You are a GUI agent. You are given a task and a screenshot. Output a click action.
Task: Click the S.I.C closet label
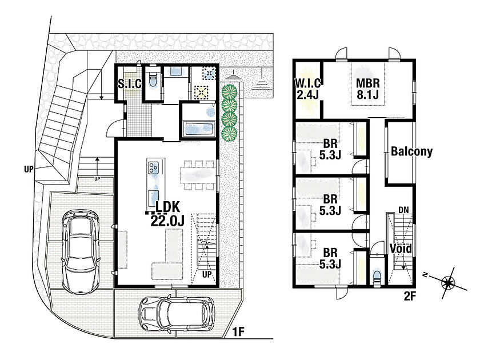tap(130, 83)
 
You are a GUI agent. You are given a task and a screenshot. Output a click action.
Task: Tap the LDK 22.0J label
tap(167, 214)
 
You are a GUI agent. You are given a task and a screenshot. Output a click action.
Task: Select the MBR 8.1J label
tap(367, 89)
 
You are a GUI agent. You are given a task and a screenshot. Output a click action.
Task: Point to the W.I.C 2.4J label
tap(307, 89)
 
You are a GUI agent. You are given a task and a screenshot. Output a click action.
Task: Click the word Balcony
tap(412, 151)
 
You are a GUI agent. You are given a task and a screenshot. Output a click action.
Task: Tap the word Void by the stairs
tap(401, 248)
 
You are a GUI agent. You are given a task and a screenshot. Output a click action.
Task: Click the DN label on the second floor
tap(403, 210)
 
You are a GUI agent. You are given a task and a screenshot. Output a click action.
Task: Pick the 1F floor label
tap(238, 332)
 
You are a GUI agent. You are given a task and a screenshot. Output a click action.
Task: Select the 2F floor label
tap(409, 296)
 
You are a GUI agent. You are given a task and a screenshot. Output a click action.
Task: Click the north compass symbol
tap(448, 283)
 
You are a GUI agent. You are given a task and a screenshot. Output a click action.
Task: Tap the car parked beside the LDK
tap(81, 251)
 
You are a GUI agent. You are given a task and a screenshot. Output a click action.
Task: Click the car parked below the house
tap(177, 313)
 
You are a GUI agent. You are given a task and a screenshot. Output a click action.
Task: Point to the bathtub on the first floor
tap(199, 130)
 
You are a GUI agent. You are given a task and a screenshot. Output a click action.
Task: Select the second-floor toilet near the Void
tap(377, 277)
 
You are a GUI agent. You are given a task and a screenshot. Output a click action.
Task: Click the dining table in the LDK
tap(198, 176)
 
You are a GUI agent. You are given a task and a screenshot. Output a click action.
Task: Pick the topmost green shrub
tap(230, 91)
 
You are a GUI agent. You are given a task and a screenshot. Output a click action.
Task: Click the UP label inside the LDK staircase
tap(207, 274)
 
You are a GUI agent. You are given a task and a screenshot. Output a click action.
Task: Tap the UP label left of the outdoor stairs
tap(29, 169)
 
